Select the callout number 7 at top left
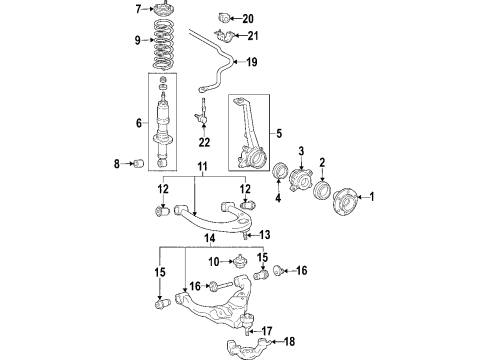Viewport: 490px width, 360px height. click(139, 10)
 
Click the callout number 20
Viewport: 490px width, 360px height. click(248, 18)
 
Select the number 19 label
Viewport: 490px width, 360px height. click(252, 62)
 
